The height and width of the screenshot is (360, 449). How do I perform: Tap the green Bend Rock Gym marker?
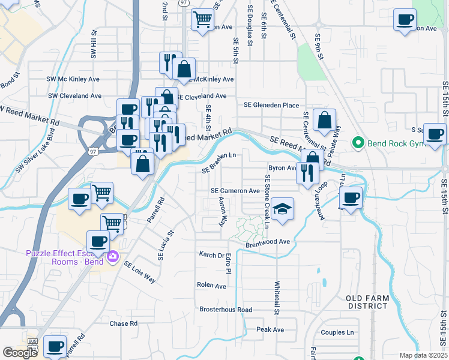click(x=358, y=142)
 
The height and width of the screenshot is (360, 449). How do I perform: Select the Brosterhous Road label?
click(x=226, y=310)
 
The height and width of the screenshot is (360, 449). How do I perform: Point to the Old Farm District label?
click(x=367, y=302)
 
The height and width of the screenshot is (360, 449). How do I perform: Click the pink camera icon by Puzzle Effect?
click(x=113, y=257)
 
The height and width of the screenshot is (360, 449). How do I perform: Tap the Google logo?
click(x=20, y=352)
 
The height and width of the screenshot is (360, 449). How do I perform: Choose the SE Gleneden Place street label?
click(x=271, y=105)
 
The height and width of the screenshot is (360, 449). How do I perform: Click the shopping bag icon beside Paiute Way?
click(x=324, y=121)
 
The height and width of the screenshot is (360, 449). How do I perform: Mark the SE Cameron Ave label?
click(x=235, y=191)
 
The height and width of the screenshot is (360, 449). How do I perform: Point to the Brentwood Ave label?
click(x=268, y=242)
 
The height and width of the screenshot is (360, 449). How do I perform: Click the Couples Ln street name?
click(x=337, y=332)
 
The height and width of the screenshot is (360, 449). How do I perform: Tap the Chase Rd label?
click(x=124, y=323)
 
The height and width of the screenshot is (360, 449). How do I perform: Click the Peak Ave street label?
click(x=270, y=329)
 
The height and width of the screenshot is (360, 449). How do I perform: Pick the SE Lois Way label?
click(x=140, y=272)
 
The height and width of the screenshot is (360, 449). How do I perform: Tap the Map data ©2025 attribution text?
click(x=423, y=355)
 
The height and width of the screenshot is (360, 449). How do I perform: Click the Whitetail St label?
click(x=277, y=298)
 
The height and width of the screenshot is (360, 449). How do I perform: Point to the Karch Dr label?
click(x=211, y=254)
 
